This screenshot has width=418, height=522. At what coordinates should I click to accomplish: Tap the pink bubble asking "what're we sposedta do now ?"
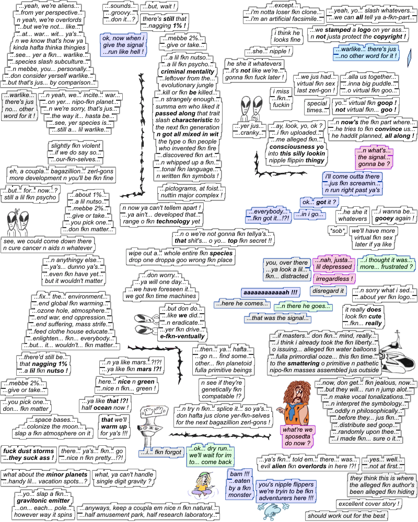[x=298, y=436]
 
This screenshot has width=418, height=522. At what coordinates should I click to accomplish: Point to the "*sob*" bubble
[x=337, y=230]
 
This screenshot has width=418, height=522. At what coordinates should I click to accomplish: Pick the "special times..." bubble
[x=317, y=107]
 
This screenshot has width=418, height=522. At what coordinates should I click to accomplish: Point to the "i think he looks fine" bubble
[x=287, y=36]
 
